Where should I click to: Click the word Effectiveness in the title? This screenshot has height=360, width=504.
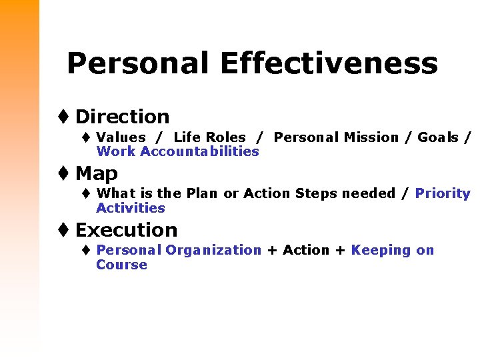tap(328, 64)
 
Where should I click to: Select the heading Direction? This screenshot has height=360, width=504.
tap(122, 117)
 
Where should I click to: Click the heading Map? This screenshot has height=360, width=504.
tap(97, 173)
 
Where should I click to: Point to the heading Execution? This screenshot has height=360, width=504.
tap(126, 230)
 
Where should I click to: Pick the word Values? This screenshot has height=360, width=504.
tap(121, 137)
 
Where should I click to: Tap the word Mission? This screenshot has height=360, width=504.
tap(371, 137)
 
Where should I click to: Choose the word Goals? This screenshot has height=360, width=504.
tap(438, 137)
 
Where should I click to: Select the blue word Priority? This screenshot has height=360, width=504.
tap(443, 193)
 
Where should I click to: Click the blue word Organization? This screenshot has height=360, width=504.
tap(213, 250)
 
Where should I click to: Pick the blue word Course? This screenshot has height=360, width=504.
tap(121, 265)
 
